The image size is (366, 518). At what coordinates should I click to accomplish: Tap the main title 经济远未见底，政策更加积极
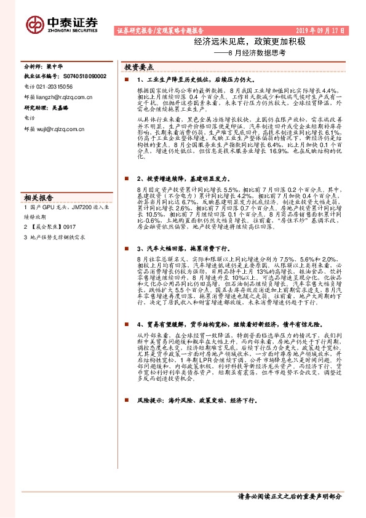(x=249, y=42)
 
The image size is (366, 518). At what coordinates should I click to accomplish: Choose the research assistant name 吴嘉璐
(x=60, y=106)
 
